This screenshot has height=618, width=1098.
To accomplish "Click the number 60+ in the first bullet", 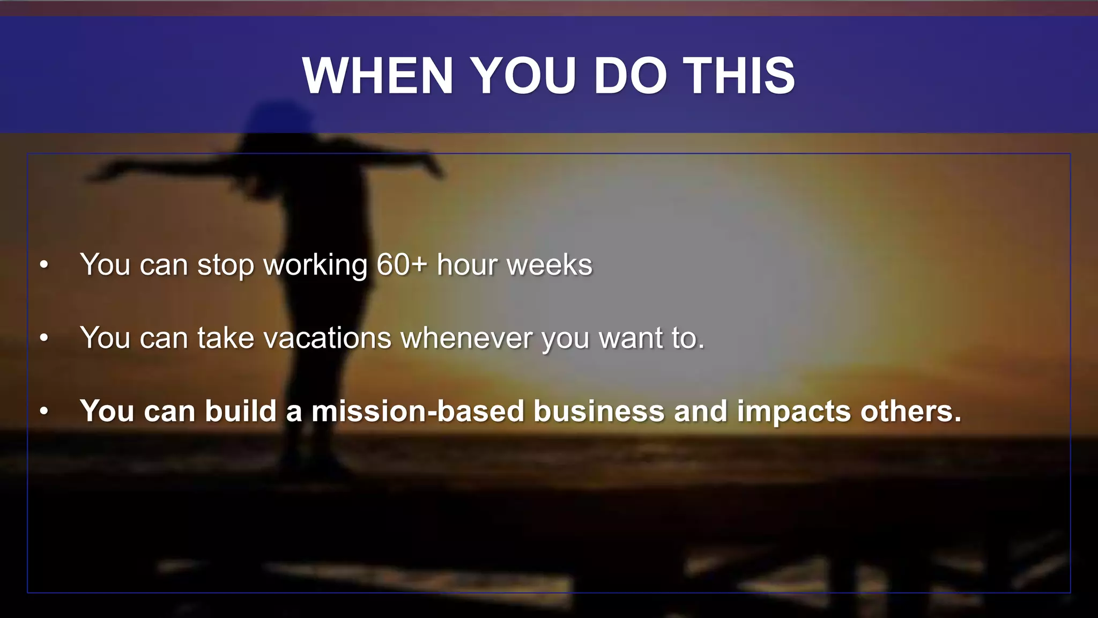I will pyautogui.click(x=402, y=264).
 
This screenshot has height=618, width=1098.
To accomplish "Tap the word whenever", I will pyautogui.click(x=467, y=338).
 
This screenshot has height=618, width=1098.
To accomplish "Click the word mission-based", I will pyautogui.click(x=418, y=411).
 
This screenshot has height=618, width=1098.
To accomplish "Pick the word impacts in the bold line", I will pyautogui.click(x=794, y=412).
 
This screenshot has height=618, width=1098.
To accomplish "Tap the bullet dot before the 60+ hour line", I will pyautogui.click(x=44, y=265).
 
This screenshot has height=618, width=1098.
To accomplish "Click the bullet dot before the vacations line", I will pyautogui.click(x=44, y=338).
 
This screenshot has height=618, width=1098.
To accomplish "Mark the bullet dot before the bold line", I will pyautogui.click(x=44, y=411).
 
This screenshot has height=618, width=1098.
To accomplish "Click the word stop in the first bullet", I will pyautogui.click(x=225, y=266).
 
